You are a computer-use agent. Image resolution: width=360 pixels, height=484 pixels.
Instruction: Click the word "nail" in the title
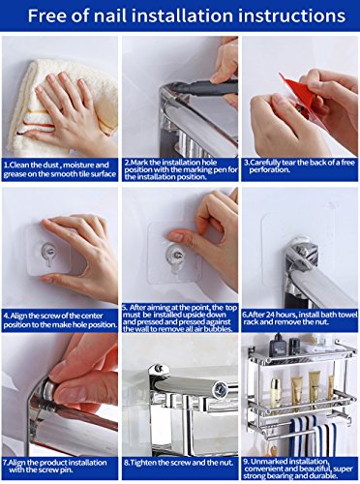[109, 15]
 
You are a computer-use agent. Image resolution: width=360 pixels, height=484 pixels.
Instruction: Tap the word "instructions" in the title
[290, 15]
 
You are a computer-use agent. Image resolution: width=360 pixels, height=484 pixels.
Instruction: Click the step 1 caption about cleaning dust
[59, 169]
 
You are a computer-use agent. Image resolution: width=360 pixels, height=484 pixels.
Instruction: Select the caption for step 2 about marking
[181, 169]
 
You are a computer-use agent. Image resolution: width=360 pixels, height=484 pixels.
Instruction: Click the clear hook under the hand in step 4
[48, 254]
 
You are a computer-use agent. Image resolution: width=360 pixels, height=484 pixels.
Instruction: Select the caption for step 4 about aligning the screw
[60, 320]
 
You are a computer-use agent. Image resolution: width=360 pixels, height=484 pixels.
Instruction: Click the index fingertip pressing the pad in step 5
[173, 236]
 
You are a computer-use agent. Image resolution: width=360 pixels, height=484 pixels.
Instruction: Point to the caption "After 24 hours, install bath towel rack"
[300, 318]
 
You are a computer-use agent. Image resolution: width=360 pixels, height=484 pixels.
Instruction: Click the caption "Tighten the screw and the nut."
[178, 463]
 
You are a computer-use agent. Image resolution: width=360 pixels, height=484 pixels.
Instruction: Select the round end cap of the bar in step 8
[221, 390]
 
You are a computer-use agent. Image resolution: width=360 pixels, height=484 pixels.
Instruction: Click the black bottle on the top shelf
[277, 345]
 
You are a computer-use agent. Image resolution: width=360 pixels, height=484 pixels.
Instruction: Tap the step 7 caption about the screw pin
[55, 467]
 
